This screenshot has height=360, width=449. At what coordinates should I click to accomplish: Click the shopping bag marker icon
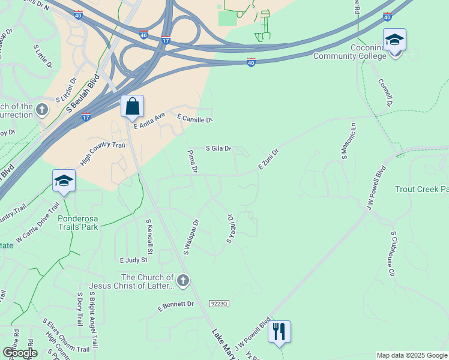pyautogui.click(x=132, y=107)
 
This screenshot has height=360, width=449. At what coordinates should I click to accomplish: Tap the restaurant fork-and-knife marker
pyautogui.click(x=279, y=331)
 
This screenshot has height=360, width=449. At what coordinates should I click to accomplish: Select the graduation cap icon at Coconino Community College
pyautogui.click(x=394, y=41)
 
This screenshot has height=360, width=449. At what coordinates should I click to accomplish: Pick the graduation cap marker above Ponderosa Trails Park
pyautogui.click(x=64, y=181)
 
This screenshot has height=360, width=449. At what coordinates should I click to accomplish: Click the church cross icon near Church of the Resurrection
pyautogui.click(x=41, y=110)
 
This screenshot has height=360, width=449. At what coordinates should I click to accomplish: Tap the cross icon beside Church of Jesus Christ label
pyautogui.click(x=183, y=280)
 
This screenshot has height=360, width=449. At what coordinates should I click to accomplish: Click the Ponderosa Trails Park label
pyautogui.click(x=78, y=223)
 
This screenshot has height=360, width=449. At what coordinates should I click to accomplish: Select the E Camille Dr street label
pyautogui.click(x=195, y=119)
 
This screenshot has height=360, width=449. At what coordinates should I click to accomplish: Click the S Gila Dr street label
pyautogui.click(x=218, y=148)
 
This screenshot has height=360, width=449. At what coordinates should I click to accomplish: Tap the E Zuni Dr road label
pyautogui.click(x=269, y=159)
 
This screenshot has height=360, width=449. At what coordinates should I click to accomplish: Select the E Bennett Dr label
pyautogui.click(x=176, y=305)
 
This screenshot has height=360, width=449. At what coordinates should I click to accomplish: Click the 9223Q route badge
pyautogui.click(x=220, y=304)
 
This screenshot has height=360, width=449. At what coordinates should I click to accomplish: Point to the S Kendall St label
pyautogui.click(x=150, y=235)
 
